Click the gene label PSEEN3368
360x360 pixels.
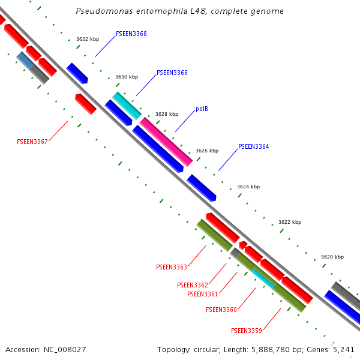pyautogui.click(x=131, y=34)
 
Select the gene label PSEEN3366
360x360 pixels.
pyautogui.click(x=172, y=73)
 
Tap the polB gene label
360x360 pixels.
pyautogui.click(x=202, y=109)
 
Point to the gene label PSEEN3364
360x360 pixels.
pyautogui.click(x=253, y=146)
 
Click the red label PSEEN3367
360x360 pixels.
pyautogui.click(x=32, y=142)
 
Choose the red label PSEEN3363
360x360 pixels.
pyautogui.click(x=171, y=267)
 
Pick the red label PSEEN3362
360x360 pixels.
pyautogui.click(x=192, y=285)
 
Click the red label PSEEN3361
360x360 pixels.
pyautogui.click(x=202, y=294)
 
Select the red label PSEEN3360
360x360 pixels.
pyautogui.click(x=221, y=310)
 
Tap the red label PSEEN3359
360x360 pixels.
pyautogui.click(x=246, y=331)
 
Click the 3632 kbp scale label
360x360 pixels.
pyautogui.click(x=88, y=39)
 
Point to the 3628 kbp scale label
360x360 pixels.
pyautogui.click(x=167, y=114)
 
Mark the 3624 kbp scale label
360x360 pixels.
pyautogui.click(x=248, y=187)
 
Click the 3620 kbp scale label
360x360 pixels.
pyautogui.click(x=332, y=257)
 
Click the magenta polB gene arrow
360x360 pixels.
pyautogui.click(x=166, y=142)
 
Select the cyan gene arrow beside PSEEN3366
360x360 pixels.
pyautogui.click(x=127, y=106)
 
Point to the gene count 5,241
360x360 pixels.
pyautogui.click(x=342, y=349)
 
